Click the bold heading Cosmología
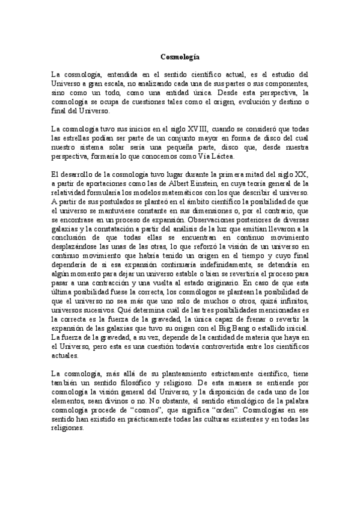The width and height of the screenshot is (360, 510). (180, 57)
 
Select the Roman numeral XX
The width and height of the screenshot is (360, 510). (301, 174)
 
